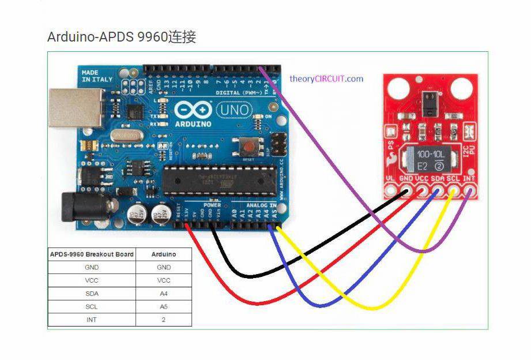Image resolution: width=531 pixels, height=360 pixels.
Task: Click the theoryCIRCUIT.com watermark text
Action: click(326, 78)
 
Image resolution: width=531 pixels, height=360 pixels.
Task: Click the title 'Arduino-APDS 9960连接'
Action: click(122, 37)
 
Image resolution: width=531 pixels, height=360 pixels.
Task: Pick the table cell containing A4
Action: click(164, 294)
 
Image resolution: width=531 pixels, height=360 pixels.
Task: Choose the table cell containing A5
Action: click(164, 306)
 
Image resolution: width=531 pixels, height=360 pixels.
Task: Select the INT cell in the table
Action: click(92, 319)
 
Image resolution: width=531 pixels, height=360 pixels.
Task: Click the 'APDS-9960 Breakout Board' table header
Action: click(92, 254)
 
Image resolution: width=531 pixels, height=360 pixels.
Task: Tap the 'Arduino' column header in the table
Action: click(164, 254)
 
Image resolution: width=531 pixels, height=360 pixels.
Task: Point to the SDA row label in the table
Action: click(92, 294)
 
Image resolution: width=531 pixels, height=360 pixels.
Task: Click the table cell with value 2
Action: click(164, 319)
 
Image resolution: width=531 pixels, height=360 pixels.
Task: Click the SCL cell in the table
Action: click(92, 306)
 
